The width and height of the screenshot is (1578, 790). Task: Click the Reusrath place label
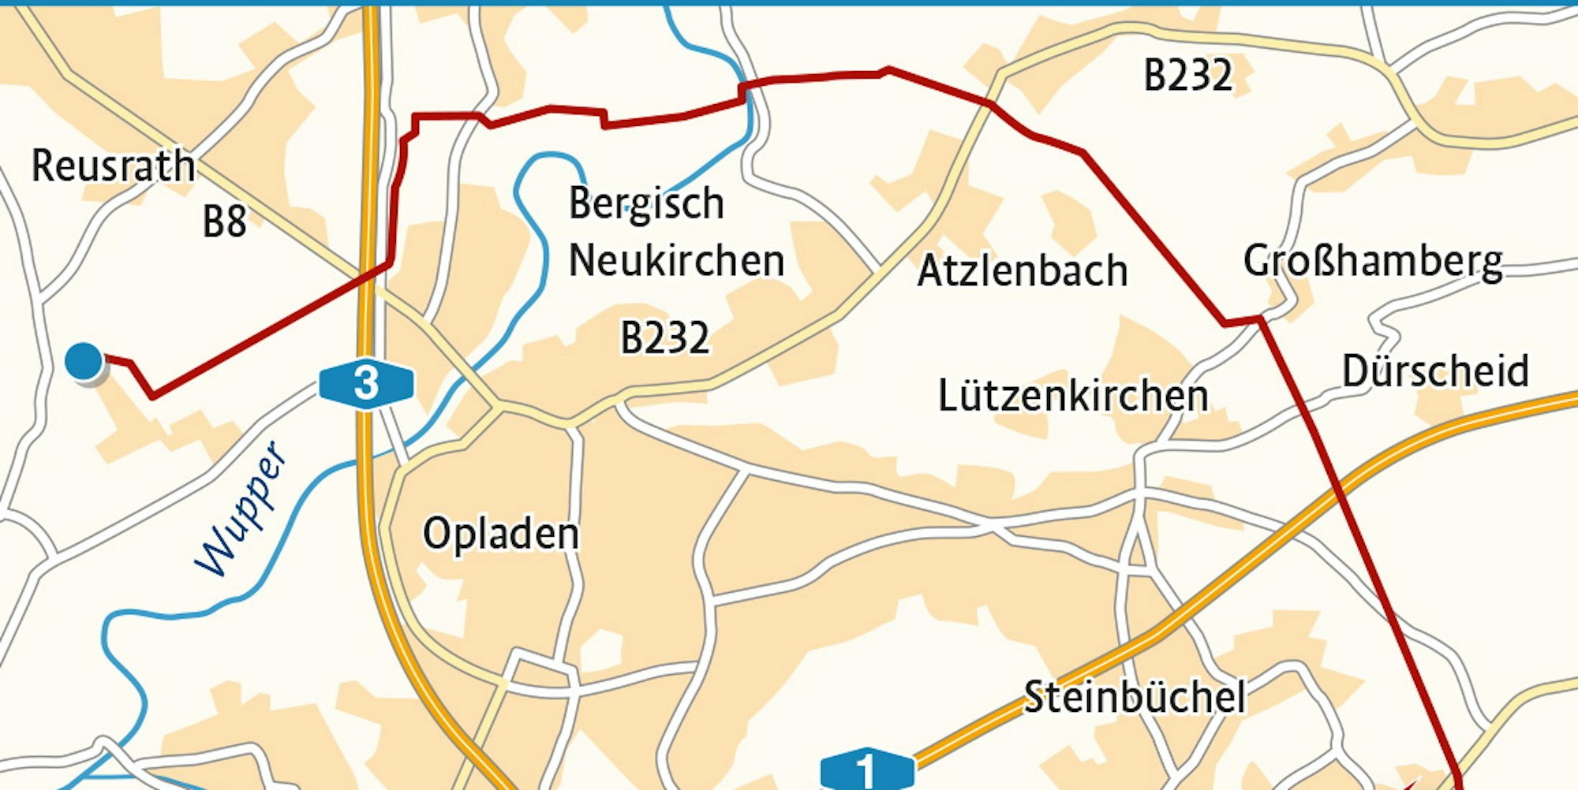click(x=113, y=166)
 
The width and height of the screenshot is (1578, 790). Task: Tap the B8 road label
click(x=224, y=222)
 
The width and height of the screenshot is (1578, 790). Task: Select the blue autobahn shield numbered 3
click(x=366, y=384)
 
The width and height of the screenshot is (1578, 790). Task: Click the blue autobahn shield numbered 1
click(x=866, y=770)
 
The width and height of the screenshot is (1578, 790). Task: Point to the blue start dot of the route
click(x=84, y=361)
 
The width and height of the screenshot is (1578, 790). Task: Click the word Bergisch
click(x=646, y=203)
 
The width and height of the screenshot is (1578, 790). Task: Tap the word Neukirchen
click(x=676, y=260)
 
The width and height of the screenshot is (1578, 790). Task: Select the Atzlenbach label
click(x=1022, y=270)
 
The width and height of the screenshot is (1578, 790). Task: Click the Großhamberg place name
click(x=1372, y=261)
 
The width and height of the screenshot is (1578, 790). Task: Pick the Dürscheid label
click(x=1434, y=371)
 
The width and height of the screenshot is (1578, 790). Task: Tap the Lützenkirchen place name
click(x=1072, y=395)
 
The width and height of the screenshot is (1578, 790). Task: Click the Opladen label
click(x=501, y=533)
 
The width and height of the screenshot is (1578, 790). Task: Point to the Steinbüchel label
click(x=1134, y=697)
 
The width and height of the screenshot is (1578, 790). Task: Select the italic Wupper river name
click(x=241, y=509)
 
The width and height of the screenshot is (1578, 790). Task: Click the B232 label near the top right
click(x=1187, y=76)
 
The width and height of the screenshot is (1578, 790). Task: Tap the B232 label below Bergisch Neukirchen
click(x=664, y=337)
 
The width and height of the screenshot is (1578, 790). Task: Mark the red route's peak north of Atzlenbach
click(x=888, y=70)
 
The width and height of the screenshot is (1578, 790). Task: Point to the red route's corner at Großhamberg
click(x=1260, y=319)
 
